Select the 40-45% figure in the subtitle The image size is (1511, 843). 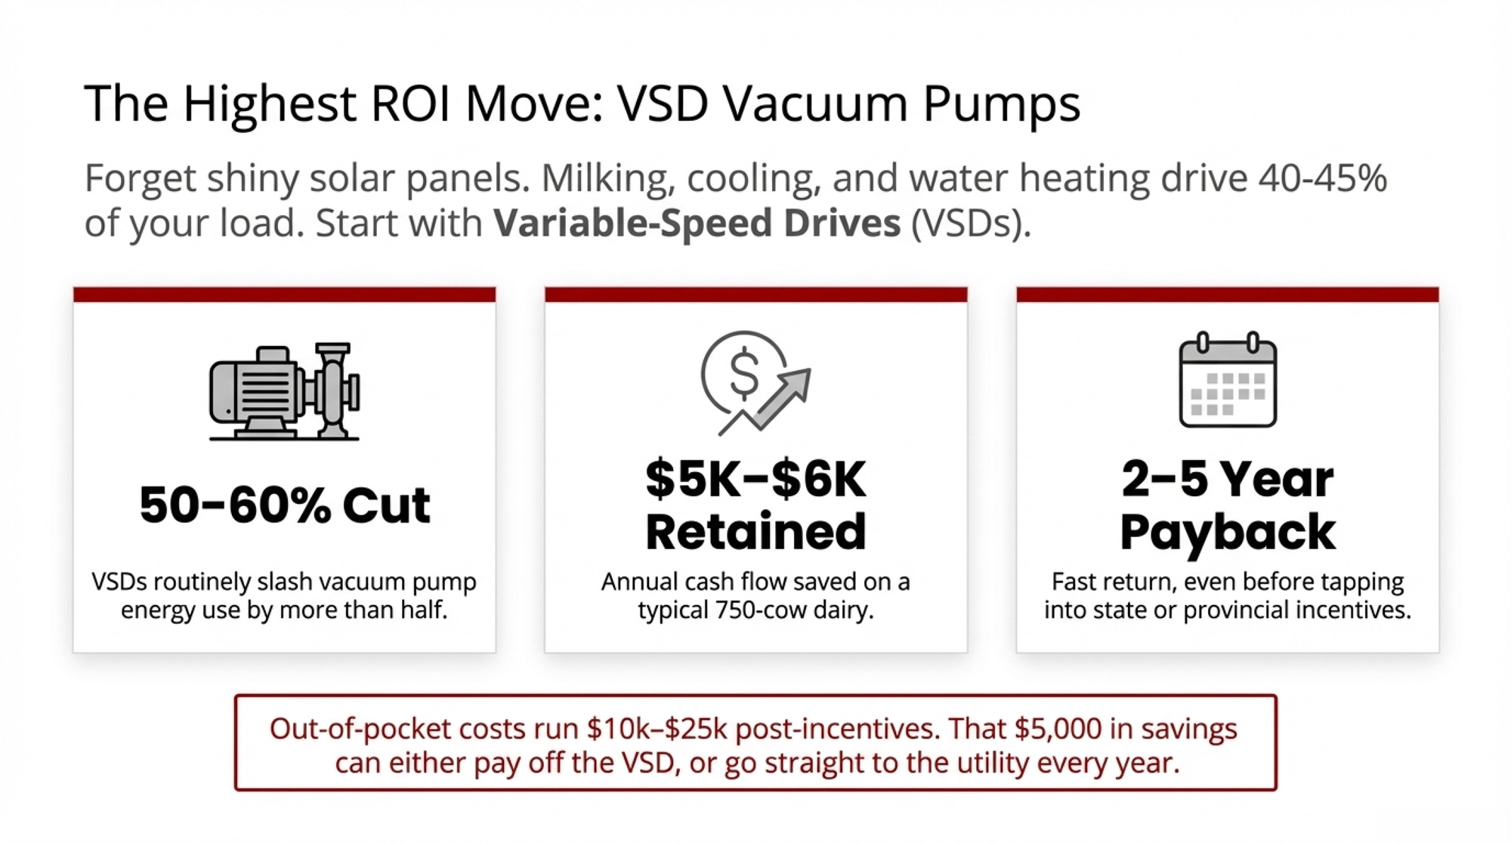click(x=1322, y=178)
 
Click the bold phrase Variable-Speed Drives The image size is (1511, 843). click(x=697, y=223)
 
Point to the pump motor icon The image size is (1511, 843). click(x=284, y=391)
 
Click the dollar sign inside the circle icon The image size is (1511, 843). click(x=744, y=373)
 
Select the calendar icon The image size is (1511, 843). click(x=1228, y=380)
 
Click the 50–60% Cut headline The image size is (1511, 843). click(x=285, y=505)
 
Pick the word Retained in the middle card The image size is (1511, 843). click(x=755, y=531)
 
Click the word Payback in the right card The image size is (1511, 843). click(x=1228, y=533)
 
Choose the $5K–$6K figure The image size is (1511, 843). click(x=755, y=479)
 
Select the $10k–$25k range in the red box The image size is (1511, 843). click(x=657, y=729)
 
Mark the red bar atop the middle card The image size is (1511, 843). click(x=755, y=295)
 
